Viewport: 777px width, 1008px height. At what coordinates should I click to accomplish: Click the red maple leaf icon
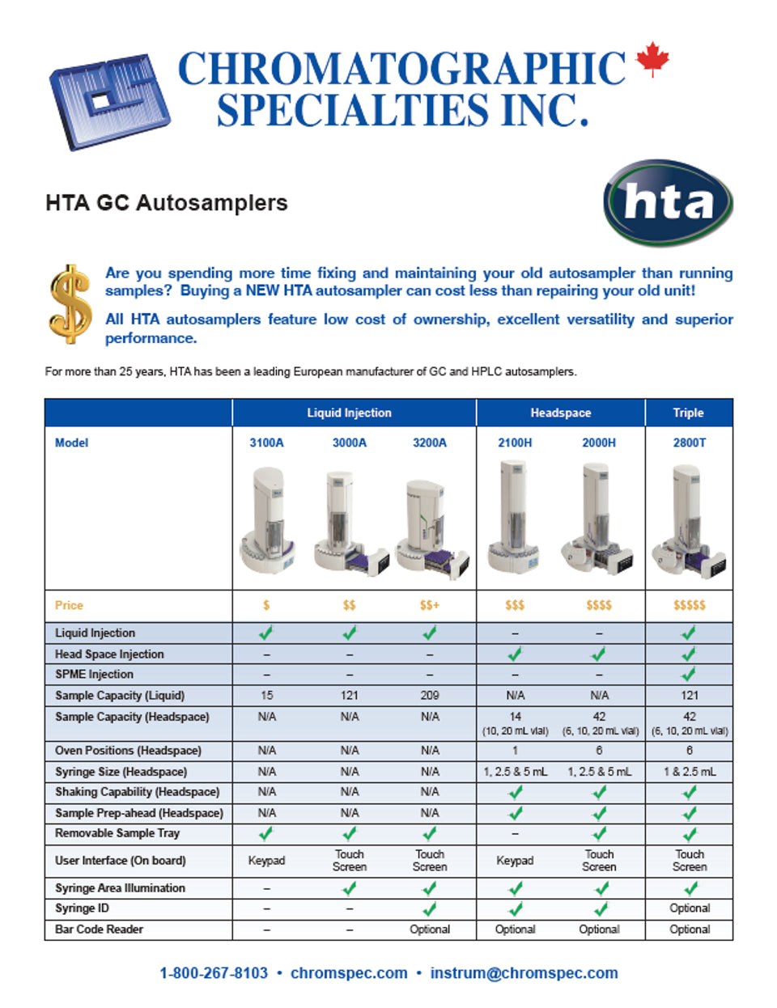(x=652, y=60)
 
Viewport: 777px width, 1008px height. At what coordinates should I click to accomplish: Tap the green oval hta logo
(x=668, y=203)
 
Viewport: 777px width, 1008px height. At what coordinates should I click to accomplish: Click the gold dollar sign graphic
(x=70, y=304)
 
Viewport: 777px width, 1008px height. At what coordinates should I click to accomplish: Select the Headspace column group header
(x=560, y=413)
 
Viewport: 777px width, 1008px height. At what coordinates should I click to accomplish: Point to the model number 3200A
(x=429, y=443)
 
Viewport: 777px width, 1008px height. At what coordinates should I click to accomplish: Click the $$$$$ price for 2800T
(x=689, y=605)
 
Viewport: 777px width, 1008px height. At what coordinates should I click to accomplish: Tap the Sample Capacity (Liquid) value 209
(x=429, y=695)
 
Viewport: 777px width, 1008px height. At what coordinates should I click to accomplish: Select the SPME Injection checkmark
(x=689, y=674)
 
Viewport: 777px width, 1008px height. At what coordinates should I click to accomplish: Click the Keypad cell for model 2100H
(x=515, y=861)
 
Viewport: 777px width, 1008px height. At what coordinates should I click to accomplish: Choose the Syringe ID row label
(x=82, y=908)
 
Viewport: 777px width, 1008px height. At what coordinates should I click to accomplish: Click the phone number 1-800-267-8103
(x=213, y=973)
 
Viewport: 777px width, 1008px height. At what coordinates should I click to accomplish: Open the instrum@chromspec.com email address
(x=524, y=973)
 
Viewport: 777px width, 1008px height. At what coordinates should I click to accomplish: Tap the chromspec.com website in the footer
(x=349, y=973)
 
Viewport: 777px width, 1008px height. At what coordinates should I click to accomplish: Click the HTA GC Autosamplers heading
(x=167, y=202)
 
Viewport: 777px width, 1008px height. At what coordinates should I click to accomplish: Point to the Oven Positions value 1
(x=515, y=751)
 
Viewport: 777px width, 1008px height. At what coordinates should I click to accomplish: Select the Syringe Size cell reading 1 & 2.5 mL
(x=689, y=772)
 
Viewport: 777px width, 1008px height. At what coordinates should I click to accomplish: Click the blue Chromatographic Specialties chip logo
(x=109, y=100)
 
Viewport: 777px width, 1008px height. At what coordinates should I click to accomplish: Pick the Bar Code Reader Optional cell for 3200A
(x=429, y=930)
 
